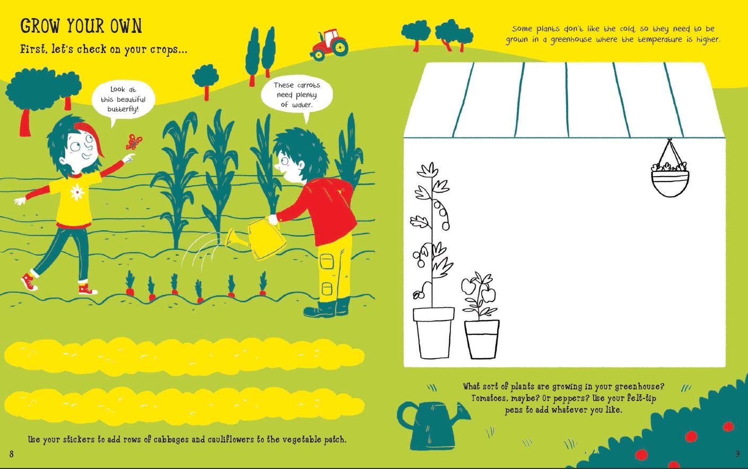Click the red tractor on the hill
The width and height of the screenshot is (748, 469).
(x=329, y=45)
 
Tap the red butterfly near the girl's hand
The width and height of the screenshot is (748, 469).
(x=134, y=142)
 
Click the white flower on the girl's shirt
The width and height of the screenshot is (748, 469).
(x=77, y=192)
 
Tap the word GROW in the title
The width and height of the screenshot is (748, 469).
(x=41, y=26)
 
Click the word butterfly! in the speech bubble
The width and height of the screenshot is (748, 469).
(x=123, y=109)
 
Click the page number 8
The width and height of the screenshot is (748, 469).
(x=11, y=454)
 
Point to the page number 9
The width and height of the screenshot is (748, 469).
(x=737, y=454)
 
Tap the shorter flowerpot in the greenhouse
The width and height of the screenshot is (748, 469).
(x=482, y=340)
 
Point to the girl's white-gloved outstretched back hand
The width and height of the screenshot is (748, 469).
(x=20, y=201)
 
